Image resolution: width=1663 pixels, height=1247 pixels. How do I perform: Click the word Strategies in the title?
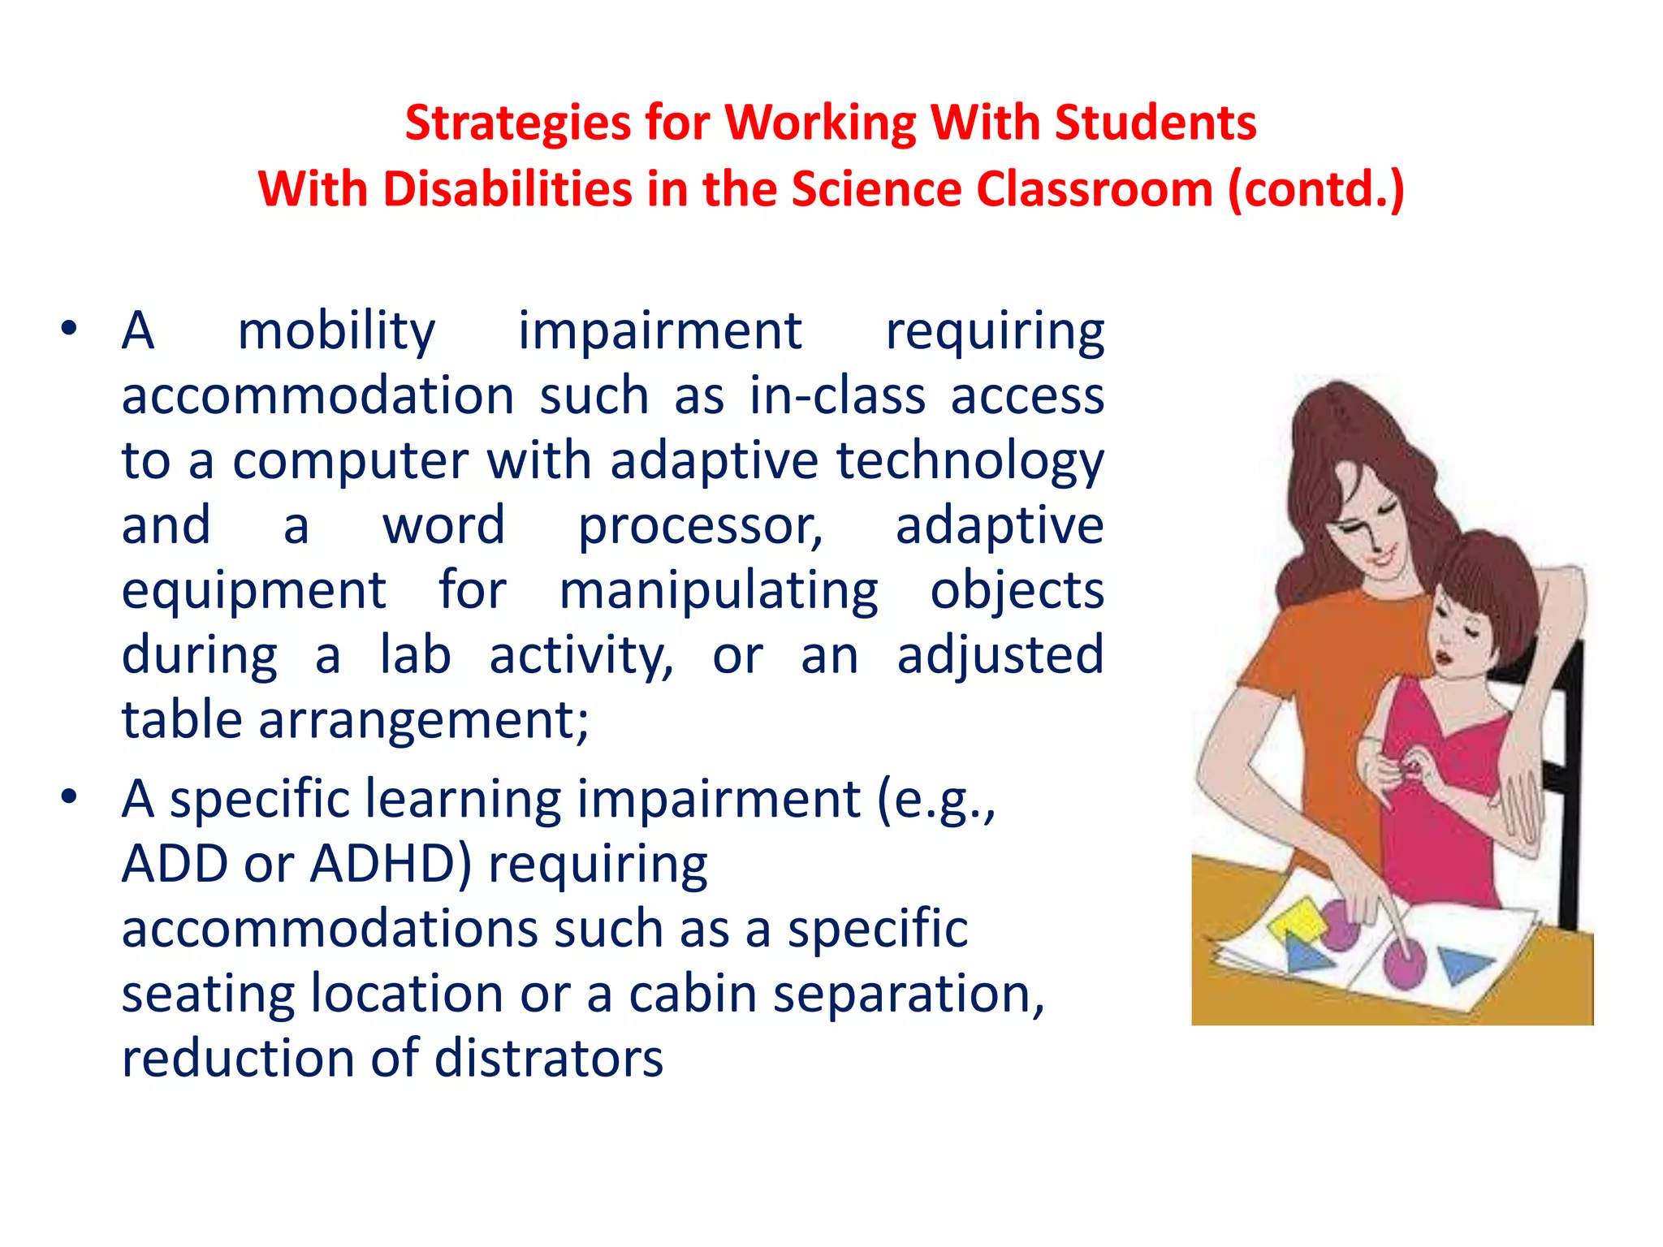click(x=517, y=124)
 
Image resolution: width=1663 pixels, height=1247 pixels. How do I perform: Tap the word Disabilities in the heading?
click(x=508, y=190)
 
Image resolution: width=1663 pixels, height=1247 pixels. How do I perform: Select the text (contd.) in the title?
click(x=1315, y=190)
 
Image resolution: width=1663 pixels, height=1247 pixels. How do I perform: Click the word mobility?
click(x=336, y=332)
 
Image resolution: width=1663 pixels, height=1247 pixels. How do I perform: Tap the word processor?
click(x=700, y=526)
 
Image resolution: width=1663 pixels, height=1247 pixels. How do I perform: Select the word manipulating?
click(x=719, y=591)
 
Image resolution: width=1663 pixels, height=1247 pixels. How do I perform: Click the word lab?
click(x=415, y=655)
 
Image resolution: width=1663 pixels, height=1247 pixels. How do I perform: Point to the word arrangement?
click(x=423, y=720)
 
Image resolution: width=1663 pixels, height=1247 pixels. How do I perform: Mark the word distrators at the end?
click(x=549, y=1059)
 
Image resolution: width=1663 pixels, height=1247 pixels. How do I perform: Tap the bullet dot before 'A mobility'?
click(x=69, y=329)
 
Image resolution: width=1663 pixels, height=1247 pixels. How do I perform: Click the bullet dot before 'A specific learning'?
click(x=69, y=797)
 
